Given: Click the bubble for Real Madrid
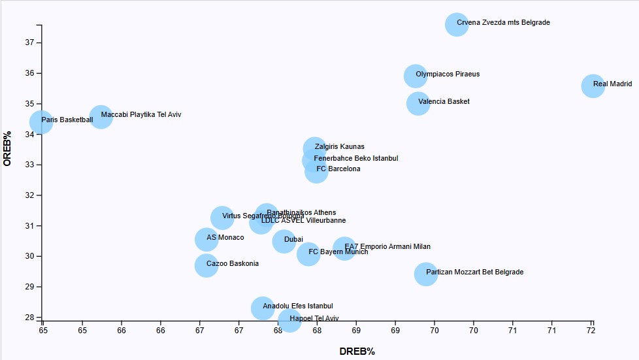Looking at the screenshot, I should pyautogui.click(x=593, y=86).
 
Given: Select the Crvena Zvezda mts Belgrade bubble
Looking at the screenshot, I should pyautogui.click(x=456, y=24).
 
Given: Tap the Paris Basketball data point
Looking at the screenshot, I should pyautogui.click(x=41, y=122).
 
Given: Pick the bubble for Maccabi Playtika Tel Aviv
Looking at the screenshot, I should pyautogui.click(x=101, y=117).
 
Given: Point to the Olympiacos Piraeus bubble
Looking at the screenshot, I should pyautogui.click(x=415, y=76).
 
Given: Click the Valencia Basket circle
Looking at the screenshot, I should pyautogui.click(x=418, y=103).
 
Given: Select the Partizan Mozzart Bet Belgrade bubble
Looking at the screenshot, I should pyautogui.click(x=425, y=274).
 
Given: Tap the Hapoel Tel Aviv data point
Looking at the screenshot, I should pyautogui.click(x=289, y=320).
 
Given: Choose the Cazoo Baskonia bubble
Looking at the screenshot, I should pyautogui.click(x=206, y=265).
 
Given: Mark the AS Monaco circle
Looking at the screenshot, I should pyautogui.click(x=206, y=239).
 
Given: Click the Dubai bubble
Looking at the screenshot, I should pyautogui.click(x=284, y=241).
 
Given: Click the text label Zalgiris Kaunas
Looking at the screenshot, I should pyautogui.click(x=339, y=147).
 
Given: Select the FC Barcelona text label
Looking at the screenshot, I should pyautogui.click(x=338, y=169).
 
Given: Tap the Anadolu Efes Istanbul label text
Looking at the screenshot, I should pyautogui.click(x=297, y=306).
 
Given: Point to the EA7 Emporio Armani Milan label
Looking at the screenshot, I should pyautogui.click(x=387, y=247).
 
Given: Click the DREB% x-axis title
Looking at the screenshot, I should pyautogui.click(x=357, y=352).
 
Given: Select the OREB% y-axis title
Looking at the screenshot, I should pyautogui.click(x=8, y=148).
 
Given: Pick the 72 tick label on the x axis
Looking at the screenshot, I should pyautogui.click(x=592, y=332).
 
